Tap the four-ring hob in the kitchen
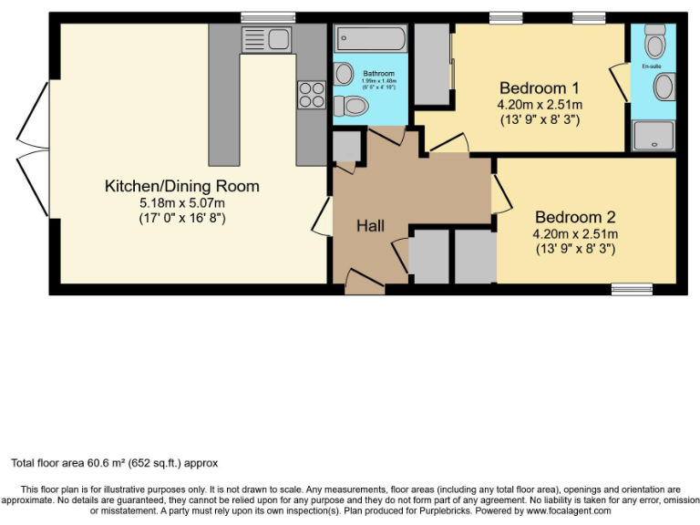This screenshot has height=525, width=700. pos(311,95)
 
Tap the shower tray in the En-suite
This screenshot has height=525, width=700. pos(654,135)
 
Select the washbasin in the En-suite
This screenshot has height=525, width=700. pos(664,88)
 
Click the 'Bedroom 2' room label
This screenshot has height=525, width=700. pos(575,217)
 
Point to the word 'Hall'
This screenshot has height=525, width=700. pos(370,225)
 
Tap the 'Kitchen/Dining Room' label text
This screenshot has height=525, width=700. pos(182,186)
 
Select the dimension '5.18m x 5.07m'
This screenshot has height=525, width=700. pos(182,202)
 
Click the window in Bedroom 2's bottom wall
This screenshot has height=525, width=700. pos(632,289)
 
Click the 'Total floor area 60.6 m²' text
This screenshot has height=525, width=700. pos(114,463)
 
